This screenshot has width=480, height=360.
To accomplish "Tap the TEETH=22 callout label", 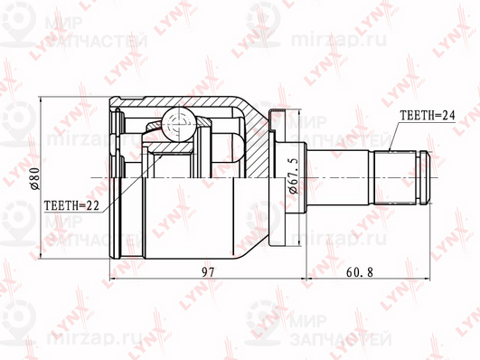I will tap(71, 205).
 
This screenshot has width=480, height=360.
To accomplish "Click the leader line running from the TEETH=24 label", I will tap(394, 135).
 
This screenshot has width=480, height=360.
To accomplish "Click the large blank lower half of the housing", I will tap(190, 217).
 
